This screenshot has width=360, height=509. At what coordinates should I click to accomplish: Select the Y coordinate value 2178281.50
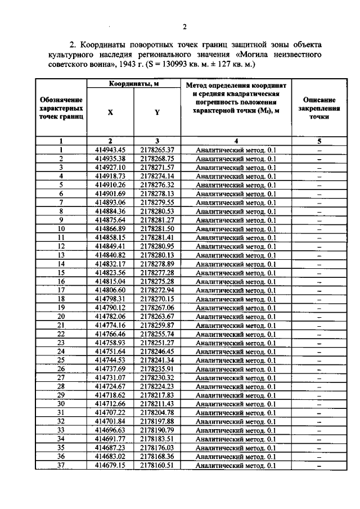[157, 229]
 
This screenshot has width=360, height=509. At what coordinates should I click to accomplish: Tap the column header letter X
[110, 112]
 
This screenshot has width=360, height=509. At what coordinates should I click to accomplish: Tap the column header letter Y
[157, 112]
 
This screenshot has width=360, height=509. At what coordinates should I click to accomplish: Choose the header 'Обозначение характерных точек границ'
[61, 107]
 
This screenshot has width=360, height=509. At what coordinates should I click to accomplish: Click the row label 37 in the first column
[61, 466]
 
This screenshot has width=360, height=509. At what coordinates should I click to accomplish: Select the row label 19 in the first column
[61, 308]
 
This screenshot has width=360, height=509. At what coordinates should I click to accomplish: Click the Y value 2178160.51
[157, 466]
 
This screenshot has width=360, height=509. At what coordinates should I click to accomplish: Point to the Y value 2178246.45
[157, 352]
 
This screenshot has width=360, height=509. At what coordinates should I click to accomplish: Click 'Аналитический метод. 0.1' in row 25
[236, 361]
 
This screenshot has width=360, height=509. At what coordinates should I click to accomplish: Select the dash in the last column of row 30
[318, 404]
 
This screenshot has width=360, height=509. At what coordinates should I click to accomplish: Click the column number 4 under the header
[236, 141]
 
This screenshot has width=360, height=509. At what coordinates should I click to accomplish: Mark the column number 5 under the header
[318, 141]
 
